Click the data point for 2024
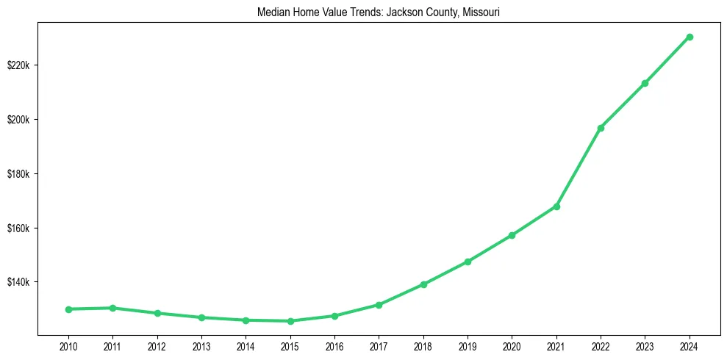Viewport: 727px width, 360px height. point(690,37)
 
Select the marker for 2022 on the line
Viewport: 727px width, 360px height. point(601,128)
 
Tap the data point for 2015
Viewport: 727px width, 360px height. point(290,321)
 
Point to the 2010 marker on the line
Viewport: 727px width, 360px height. point(68,309)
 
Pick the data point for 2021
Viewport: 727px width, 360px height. point(556,206)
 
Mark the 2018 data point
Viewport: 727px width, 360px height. point(423,284)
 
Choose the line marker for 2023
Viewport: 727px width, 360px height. point(645,83)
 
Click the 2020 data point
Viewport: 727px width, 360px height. point(512,235)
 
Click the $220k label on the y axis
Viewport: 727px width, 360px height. point(18,65)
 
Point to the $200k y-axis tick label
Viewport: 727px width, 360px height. point(18,120)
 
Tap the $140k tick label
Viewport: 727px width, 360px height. point(18,282)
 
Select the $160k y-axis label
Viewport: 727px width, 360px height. point(18,228)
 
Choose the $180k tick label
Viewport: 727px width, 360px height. point(18,174)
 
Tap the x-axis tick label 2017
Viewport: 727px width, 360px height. point(379,345)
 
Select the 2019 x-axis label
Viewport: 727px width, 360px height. point(468,345)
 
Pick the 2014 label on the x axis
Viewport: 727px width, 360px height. point(246,345)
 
